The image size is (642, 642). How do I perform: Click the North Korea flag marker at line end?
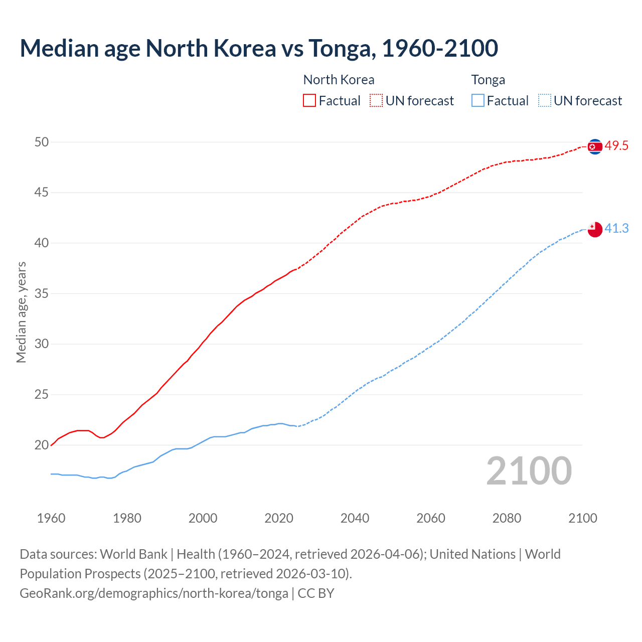pos(595,146)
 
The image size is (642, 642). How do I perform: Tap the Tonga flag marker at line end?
pos(595,229)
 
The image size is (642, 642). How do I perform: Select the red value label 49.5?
pos(616,146)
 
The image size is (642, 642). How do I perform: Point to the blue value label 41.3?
pos(616,229)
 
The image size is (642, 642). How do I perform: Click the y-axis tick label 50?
pos(42,142)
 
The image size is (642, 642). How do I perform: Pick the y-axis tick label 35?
pos(42,293)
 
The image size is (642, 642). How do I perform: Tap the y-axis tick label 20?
pos(42,445)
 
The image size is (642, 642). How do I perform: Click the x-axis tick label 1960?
pos(51,518)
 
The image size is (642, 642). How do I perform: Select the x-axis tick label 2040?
pos(355,518)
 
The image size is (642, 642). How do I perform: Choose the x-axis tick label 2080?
pos(507,518)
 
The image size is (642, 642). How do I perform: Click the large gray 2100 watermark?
pos(529,471)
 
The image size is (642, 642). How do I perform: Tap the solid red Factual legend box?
pos(309,101)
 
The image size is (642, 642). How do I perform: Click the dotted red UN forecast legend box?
pos(376,101)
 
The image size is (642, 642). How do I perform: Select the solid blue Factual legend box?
pos(478,101)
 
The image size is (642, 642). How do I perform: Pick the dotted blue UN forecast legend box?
pos(545,101)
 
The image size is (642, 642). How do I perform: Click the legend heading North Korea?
pos(339,80)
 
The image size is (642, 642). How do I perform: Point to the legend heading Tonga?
pos(488,80)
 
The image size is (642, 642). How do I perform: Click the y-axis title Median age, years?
pos(21,312)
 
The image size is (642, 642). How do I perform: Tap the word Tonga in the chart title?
pos(341,48)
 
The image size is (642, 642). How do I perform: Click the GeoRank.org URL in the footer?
pos(154,593)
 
